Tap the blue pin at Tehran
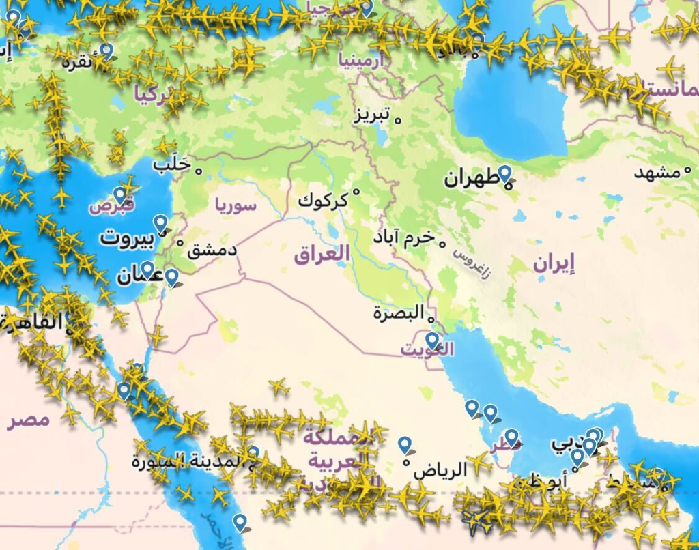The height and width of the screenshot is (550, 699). (x=504, y=173)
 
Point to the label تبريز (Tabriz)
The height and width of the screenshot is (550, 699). (x=371, y=115)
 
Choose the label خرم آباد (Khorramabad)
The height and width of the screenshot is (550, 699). (x=403, y=238)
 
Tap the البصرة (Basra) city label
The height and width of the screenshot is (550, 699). (x=399, y=313)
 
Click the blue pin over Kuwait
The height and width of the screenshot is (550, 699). (x=432, y=340)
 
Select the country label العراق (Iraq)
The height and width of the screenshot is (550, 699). (x=322, y=255)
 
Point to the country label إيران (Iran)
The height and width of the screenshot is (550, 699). (x=554, y=263)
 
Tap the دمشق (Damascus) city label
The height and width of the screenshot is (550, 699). (x=212, y=250)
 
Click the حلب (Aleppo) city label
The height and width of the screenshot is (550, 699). (x=171, y=164)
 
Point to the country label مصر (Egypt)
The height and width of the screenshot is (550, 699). (x=29, y=419)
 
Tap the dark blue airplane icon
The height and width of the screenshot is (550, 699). (x=476, y=521)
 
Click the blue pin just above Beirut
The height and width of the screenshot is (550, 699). (x=160, y=222)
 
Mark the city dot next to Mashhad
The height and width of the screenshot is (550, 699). (x=687, y=172)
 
